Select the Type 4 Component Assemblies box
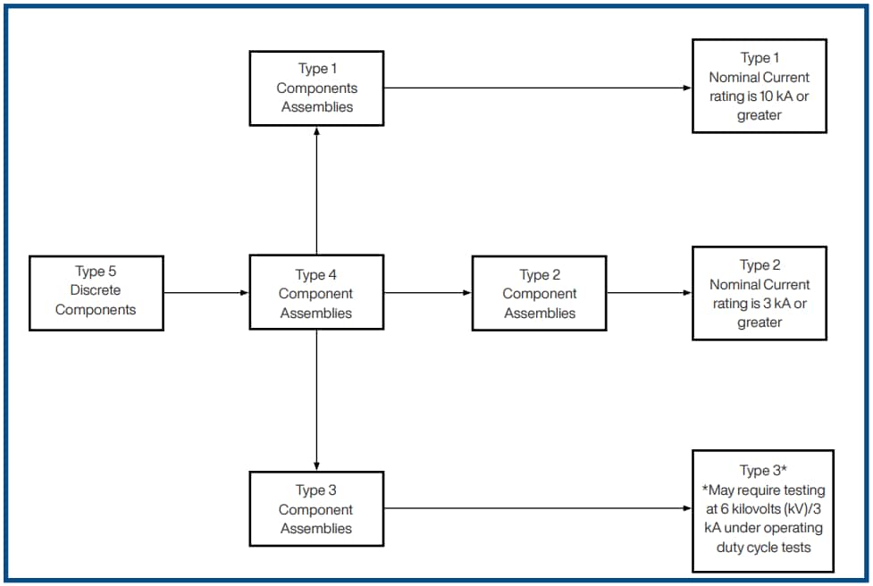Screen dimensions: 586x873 315,293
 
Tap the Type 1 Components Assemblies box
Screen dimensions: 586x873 315,88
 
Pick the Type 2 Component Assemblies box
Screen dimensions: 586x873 539,293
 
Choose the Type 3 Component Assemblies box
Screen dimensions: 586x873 315,509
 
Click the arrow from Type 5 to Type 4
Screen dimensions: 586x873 206,293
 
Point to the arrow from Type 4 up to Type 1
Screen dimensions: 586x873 316,190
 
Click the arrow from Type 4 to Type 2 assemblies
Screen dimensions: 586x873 427,293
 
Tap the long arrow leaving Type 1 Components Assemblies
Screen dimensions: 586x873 536,88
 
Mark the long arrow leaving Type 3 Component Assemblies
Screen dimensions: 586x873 536,509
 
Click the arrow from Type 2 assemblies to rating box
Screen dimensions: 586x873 649,293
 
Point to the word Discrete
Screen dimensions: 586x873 96,290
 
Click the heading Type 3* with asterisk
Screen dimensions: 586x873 762,471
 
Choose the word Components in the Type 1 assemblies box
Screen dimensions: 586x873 316,88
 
